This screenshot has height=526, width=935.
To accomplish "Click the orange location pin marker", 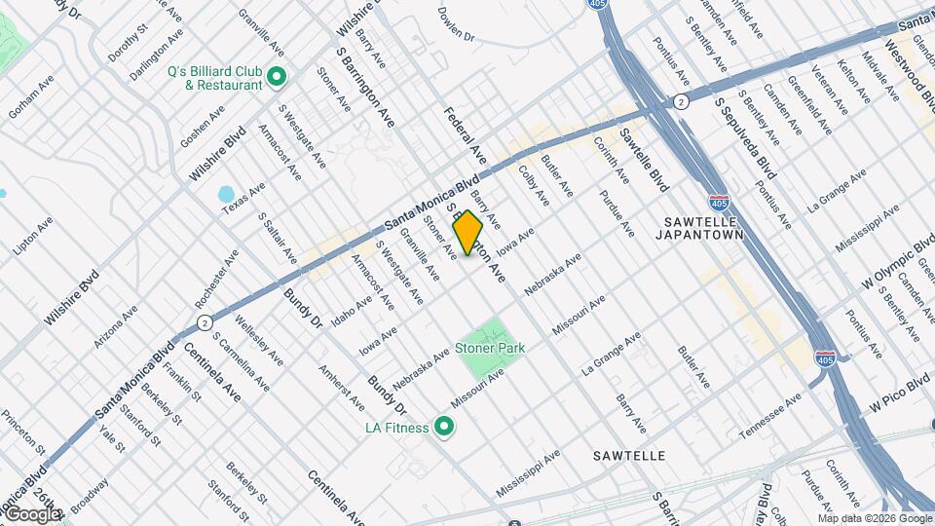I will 468,233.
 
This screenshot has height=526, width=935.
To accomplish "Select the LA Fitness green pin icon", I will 445,427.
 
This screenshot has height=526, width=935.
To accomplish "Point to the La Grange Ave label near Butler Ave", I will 611,353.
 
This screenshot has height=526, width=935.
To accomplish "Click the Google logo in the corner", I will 32,513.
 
